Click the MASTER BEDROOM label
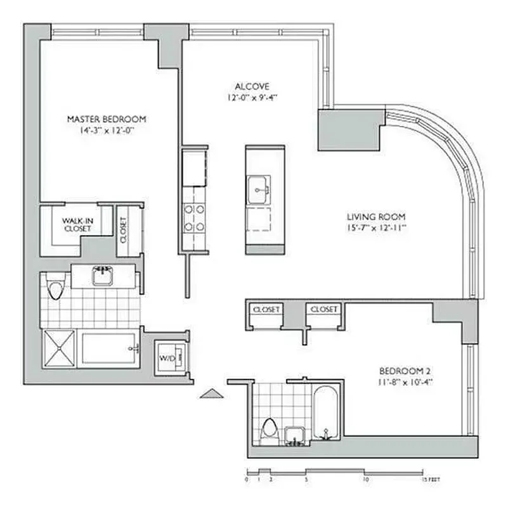(107, 119)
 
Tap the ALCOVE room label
(252, 86)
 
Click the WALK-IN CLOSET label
(77, 224)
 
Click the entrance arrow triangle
(212, 394)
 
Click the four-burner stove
(194, 217)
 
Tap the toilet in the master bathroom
(55, 289)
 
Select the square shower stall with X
(59, 349)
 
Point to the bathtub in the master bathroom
(109, 349)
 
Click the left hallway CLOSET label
(266, 309)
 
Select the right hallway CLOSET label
(323, 309)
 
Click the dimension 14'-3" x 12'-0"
(107, 129)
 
